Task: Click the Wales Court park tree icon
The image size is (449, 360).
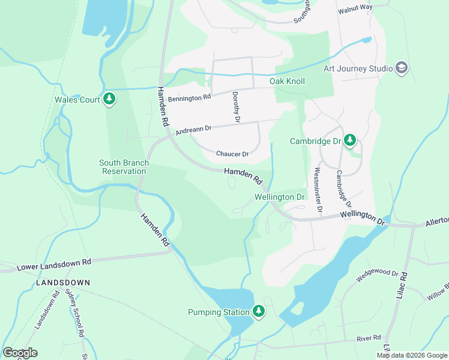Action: click(109, 99)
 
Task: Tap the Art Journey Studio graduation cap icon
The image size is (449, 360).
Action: click(402, 68)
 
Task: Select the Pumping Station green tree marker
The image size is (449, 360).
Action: click(258, 311)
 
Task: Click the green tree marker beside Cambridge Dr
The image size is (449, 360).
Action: click(350, 141)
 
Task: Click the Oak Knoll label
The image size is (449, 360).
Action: click(287, 81)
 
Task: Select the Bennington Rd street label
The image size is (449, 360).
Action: click(189, 97)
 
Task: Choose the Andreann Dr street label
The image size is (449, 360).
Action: click(193, 129)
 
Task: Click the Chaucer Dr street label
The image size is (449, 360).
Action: click(232, 154)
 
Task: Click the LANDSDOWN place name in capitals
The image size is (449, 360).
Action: click(63, 282)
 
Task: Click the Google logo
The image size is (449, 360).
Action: click(20, 353)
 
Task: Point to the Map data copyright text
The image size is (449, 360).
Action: click(412, 355)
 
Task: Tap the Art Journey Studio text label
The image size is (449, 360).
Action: click(358, 68)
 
